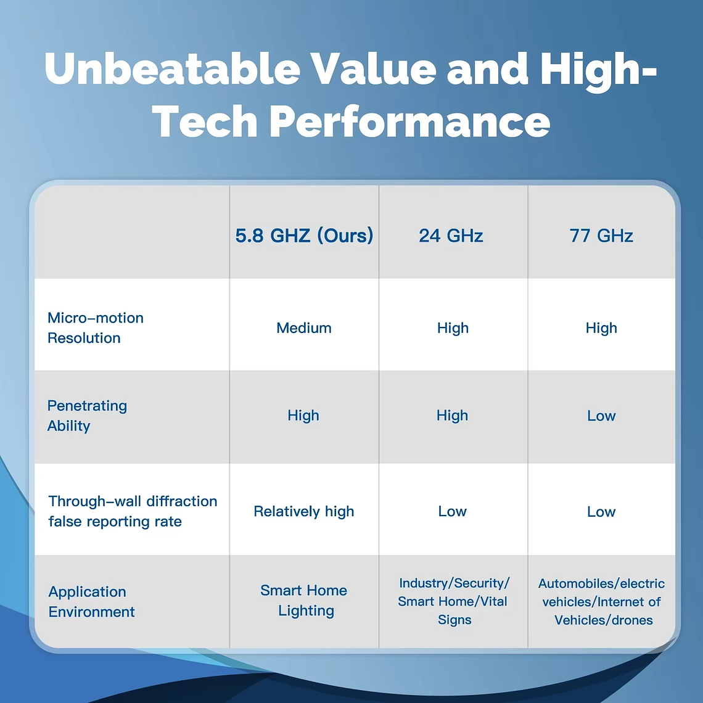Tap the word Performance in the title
(409, 121)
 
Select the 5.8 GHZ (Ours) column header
(304, 236)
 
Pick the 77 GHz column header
(601, 236)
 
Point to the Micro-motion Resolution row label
(96, 327)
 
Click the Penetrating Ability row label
(87, 416)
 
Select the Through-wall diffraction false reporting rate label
(133, 511)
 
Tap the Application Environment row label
(91, 601)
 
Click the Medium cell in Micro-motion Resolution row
(304, 328)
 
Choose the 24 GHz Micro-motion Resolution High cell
(453, 328)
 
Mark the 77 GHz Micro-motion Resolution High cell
(601, 328)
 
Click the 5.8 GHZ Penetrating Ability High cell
(303, 416)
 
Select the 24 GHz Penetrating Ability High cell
(452, 416)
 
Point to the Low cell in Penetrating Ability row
(601, 416)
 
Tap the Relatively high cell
(304, 511)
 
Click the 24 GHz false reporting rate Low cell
(452, 511)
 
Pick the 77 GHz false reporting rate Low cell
(601, 512)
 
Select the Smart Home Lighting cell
(305, 600)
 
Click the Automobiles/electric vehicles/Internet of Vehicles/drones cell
(602, 601)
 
